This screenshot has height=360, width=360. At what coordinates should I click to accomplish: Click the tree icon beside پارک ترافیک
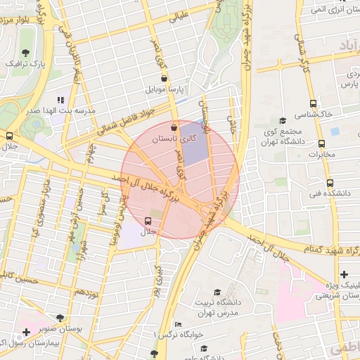click(26, 53)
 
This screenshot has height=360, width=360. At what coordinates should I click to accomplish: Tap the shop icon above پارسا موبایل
click(164, 79)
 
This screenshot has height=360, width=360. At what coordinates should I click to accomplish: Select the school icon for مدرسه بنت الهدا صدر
click(60, 100)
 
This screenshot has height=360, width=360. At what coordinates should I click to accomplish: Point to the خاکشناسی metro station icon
click(312, 104)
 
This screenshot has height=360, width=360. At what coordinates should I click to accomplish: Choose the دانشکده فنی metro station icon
click(312, 182)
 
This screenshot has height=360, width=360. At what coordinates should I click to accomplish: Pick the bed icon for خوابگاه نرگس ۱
click(177, 324)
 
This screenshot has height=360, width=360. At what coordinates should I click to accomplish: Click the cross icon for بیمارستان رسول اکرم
click(26, 331)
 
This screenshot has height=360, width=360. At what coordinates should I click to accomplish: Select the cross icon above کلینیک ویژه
click(343, 274)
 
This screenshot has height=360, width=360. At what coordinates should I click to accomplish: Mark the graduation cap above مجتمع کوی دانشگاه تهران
click(283, 121)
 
